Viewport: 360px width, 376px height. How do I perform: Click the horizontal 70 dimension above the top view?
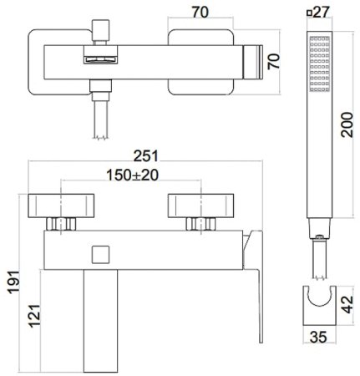tap(200, 12)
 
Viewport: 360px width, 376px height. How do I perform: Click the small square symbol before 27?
tap(311, 13)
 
